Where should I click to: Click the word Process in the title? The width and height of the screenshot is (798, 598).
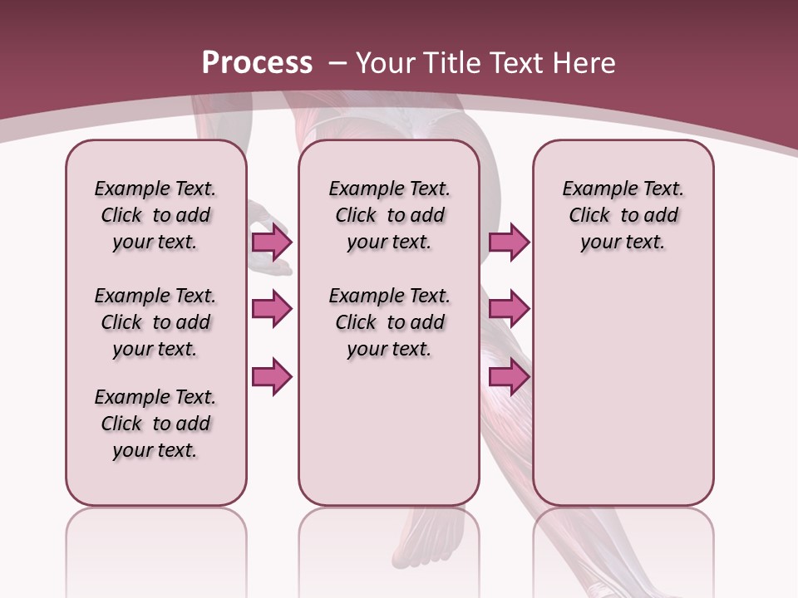257,63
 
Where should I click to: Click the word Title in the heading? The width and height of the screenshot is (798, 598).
454,63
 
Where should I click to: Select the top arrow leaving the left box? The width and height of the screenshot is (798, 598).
272,242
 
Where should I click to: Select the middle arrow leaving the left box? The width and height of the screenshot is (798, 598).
272,309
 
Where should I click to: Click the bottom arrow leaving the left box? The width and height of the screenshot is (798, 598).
272,377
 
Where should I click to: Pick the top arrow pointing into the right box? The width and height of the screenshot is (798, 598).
509,242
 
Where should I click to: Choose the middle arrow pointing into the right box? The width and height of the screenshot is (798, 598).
509,309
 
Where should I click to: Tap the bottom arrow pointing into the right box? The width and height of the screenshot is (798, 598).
509,377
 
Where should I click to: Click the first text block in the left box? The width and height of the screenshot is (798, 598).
155,215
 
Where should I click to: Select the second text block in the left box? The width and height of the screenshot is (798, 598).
155,322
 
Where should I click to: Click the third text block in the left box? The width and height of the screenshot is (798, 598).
155,424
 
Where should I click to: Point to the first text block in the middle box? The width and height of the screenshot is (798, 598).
389,215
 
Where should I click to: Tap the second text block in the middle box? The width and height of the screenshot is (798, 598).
389,322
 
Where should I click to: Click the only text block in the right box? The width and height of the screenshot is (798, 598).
623,215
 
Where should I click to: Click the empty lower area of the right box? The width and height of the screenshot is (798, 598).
623,399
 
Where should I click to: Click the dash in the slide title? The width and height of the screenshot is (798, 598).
338,63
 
